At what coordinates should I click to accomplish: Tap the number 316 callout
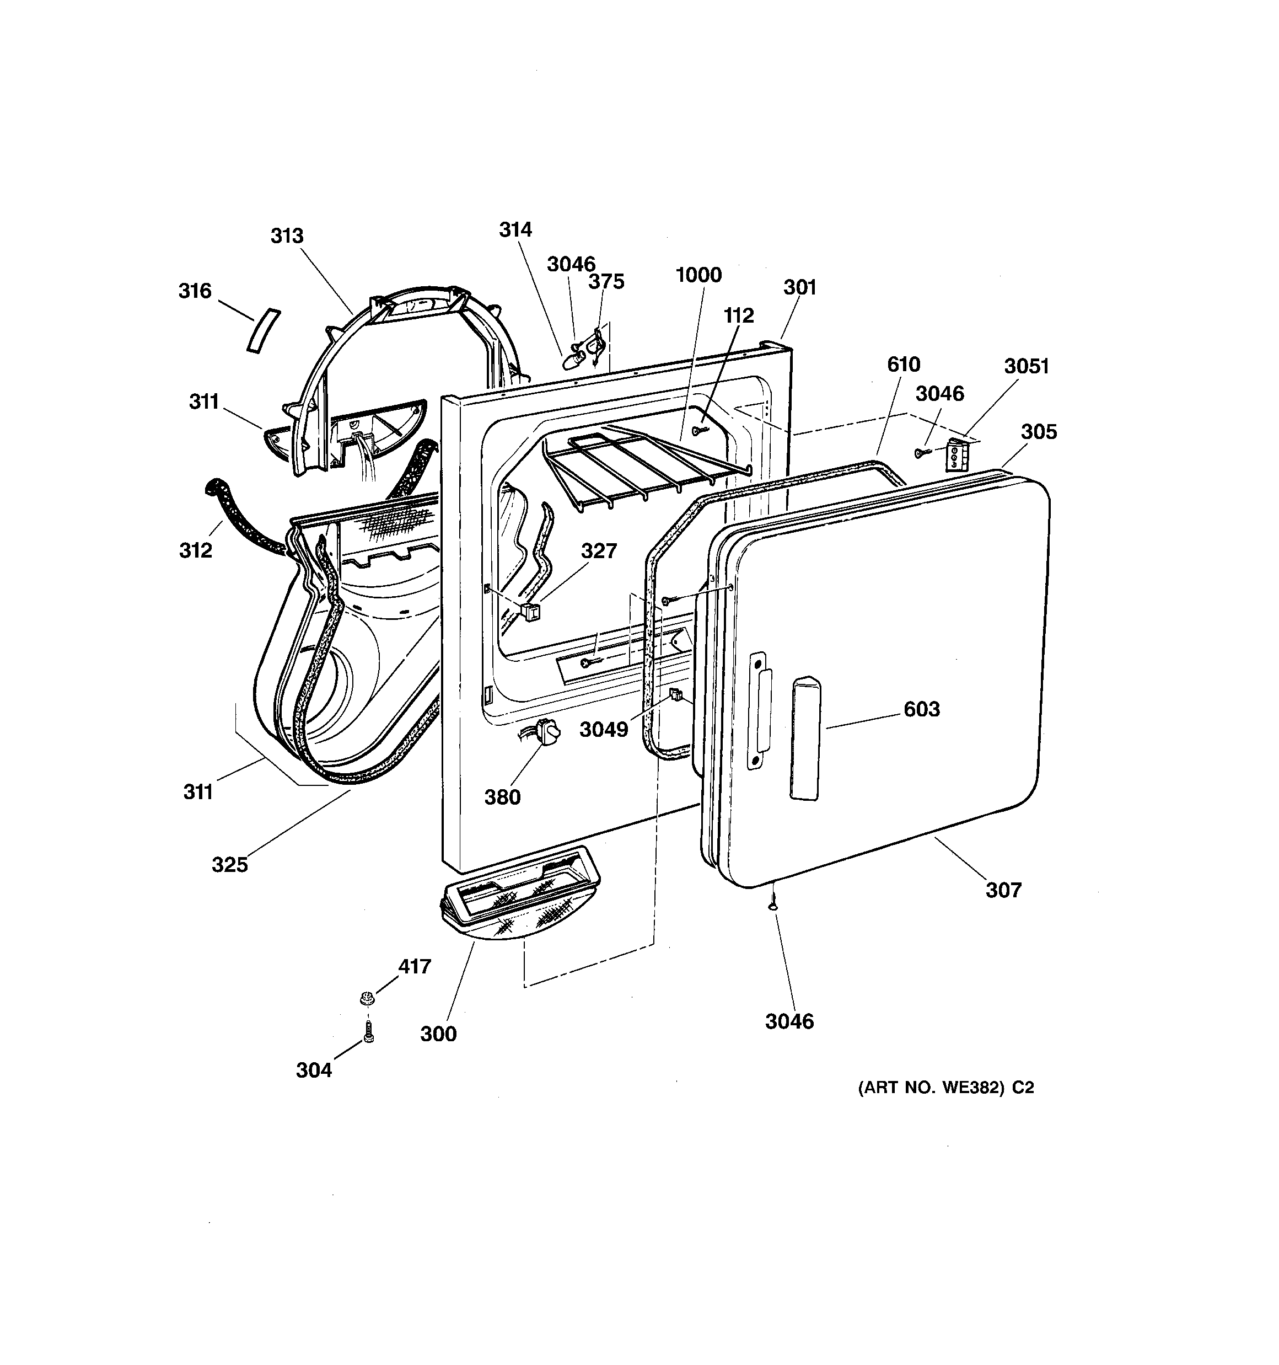[195, 291]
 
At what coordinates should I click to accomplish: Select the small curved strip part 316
[264, 330]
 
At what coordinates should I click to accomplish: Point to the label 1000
[698, 275]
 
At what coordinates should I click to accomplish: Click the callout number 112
[739, 316]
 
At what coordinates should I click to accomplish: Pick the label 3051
[1027, 367]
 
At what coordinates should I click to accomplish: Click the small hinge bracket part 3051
[955, 455]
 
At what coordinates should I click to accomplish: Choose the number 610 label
[903, 365]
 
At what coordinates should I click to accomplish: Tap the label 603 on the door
[921, 709]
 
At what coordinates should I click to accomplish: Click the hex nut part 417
[367, 996]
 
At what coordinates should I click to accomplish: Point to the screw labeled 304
[369, 1032]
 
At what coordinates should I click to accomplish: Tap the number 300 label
[438, 1034]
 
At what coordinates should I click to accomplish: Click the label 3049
[604, 730]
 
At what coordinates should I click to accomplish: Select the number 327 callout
[599, 550]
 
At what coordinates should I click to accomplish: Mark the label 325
[229, 864]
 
